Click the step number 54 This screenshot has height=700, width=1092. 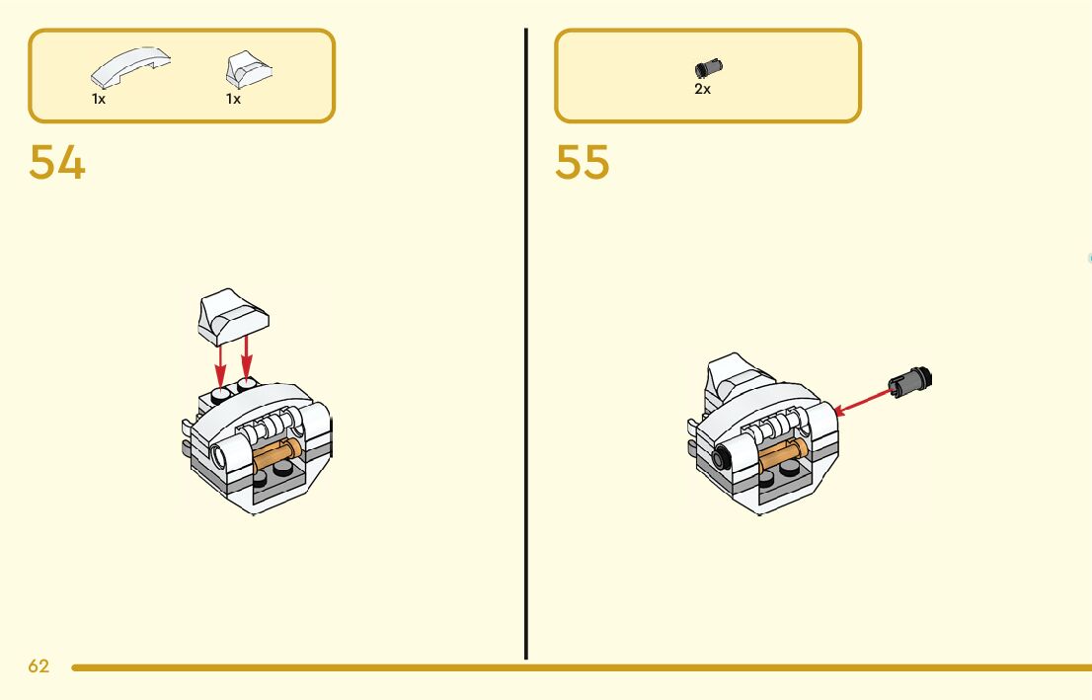pos(57,163)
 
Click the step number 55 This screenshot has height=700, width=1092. pos(583,163)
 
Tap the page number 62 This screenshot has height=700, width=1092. pos(39,666)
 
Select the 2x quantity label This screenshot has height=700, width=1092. pos(702,89)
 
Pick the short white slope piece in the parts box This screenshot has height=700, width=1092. pos(249,69)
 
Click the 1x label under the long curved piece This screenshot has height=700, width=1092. pos(99,99)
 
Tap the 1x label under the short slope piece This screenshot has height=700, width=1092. pos(233,99)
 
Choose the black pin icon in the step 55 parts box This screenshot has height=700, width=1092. pos(709,68)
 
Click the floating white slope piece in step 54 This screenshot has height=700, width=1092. pos(233,316)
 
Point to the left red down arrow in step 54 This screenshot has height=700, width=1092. pos(220,361)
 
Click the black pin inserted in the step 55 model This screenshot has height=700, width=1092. pos(723,457)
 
